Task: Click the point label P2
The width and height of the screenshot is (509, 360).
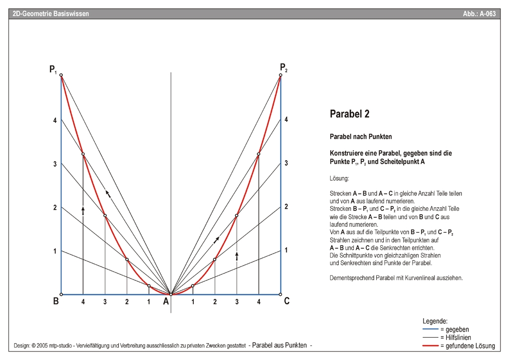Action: (x=283, y=68)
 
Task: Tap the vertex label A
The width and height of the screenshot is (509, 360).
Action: (x=166, y=301)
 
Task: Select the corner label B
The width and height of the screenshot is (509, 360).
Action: (x=56, y=301)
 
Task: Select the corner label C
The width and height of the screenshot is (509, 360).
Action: (x=287, y=301)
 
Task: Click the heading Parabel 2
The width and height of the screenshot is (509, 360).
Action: (x=349, y=114)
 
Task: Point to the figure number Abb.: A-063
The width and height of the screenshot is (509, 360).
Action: (x=479, y=14)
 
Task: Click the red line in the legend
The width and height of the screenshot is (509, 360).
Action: (x=430, y=346)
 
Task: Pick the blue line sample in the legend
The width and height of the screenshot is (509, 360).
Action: (x=430, y=329)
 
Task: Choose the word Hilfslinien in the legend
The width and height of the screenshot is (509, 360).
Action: (x=457, y=338)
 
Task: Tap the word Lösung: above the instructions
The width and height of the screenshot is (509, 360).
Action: (x=339, y=178)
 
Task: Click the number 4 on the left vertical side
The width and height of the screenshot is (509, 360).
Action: (x=55, y=120)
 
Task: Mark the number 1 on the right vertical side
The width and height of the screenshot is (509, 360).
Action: (x=286, y=250)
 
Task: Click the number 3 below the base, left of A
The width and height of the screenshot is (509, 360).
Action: (x=105, y=302)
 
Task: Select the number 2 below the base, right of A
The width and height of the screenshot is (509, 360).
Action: (x=215, y=302)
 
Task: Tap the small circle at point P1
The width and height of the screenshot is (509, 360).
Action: (x=61, y=75)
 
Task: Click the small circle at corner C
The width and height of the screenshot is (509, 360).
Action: (x=281, y=294)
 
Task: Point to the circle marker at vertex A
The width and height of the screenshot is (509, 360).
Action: (x=171, y=294)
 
